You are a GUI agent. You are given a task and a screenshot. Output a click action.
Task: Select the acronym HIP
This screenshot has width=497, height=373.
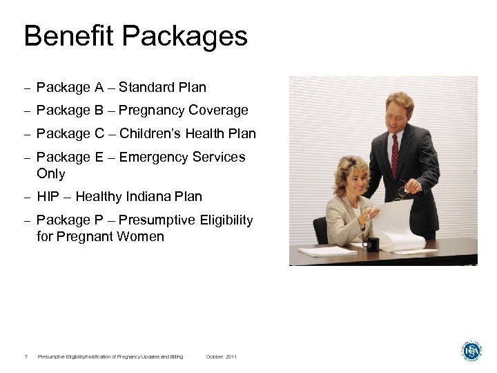pyautogui.click(x=48, y=197)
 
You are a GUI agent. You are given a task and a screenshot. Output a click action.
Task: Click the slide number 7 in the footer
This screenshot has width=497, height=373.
pyautogui.click(x=26, y=356)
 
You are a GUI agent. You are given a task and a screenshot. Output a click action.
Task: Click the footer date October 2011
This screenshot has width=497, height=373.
pyautogui.click(x=221, y=356)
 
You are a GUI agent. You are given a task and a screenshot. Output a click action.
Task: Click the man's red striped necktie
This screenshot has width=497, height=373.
pyautogui.click(x=395, y=156)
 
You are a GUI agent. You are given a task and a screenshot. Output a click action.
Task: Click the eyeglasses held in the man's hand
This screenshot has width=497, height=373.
pyautogui.click(x=402, y=188)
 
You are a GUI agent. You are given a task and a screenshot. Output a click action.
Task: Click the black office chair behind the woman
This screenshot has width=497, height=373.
pyautogui.click(x=320, y=229)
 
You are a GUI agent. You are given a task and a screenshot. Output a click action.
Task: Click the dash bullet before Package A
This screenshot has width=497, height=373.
pyautogui.click(x=27, y=88)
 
